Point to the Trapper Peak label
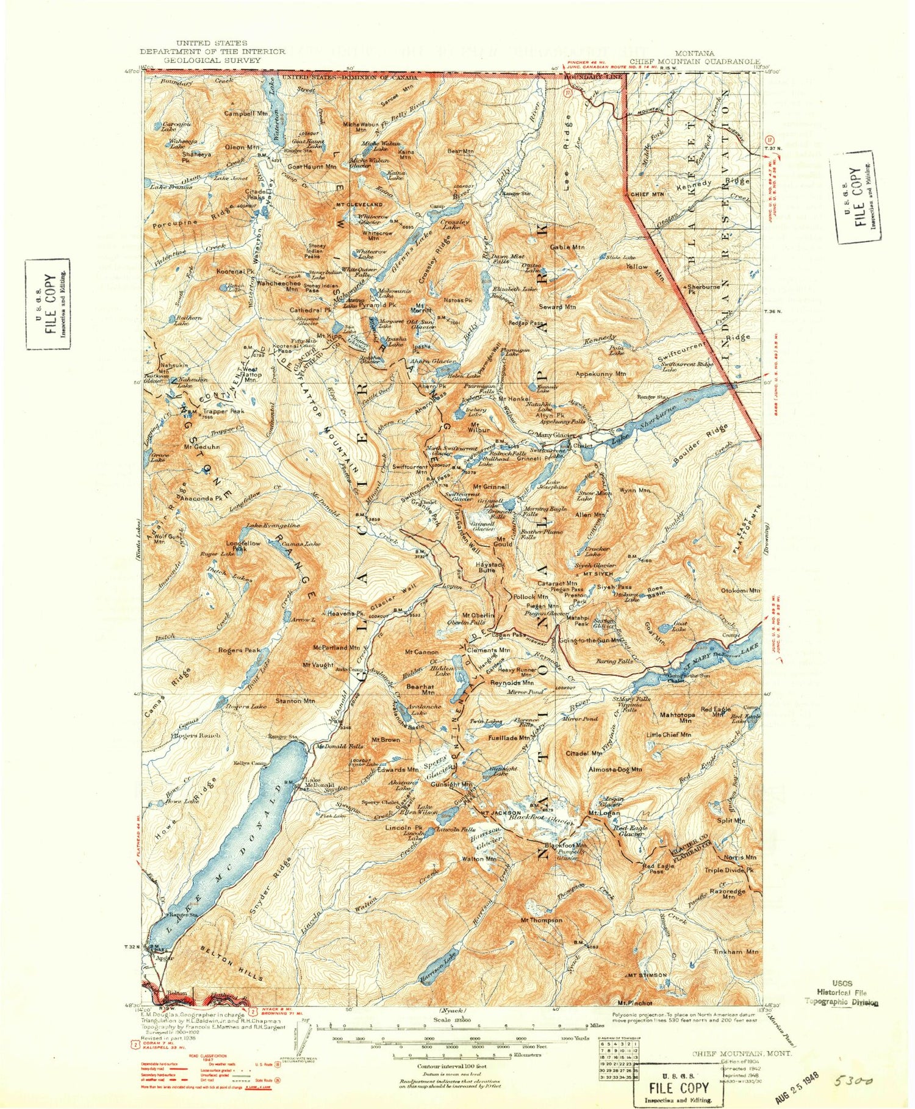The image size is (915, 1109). pos(224,411)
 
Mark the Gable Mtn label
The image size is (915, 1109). pos(567,247)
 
